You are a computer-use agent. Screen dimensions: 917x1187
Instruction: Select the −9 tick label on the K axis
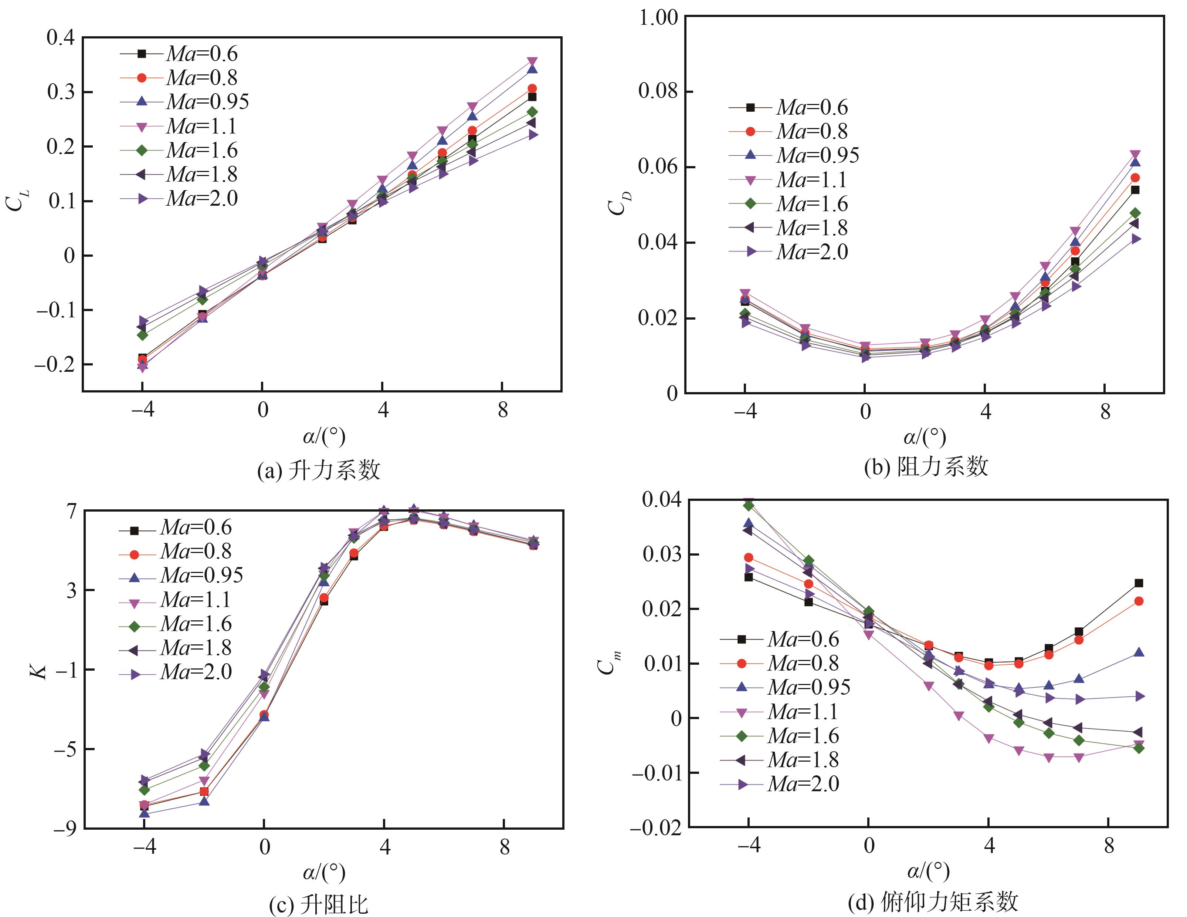coord(65,828)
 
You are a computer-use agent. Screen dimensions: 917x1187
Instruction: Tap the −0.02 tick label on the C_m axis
coord(656,828)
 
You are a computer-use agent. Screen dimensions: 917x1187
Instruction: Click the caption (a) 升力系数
coord(319,470)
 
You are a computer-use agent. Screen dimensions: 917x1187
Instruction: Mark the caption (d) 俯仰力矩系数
coord(933,902)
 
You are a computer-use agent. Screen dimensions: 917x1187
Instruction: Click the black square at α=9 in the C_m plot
coord(1139,583)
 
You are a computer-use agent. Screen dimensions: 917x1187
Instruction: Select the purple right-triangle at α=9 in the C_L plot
coord(533,134)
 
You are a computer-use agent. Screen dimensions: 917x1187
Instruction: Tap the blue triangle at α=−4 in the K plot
coord(145,813)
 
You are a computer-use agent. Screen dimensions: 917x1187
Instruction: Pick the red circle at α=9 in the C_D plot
coord(1135,178)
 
